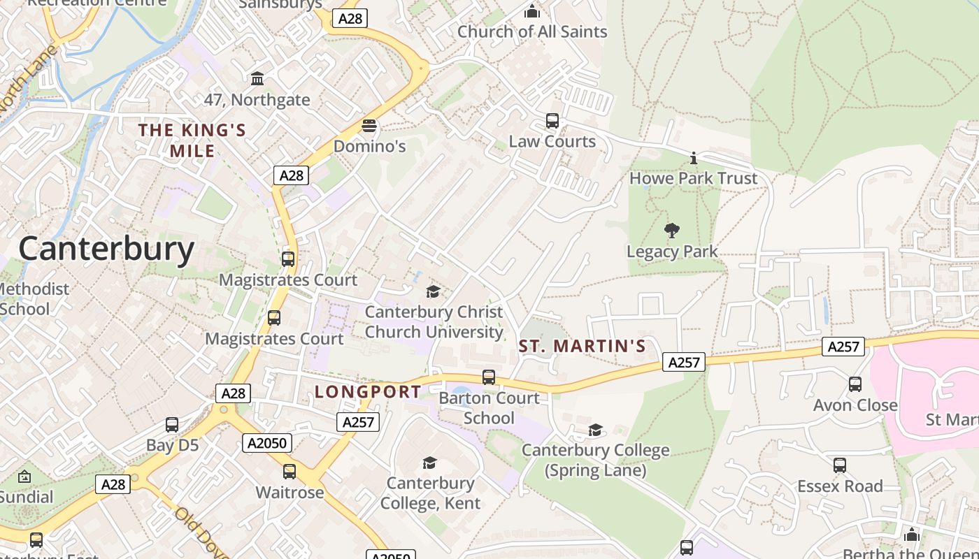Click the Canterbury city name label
pyautogui.click(x=106, y=249)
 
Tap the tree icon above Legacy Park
pyautogui.click(x=672, y=230)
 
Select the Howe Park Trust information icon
pyautogui.click(x=693, y=157)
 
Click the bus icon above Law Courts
pyautogui.click(x=552, y=121)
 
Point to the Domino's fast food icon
pyautogui.click(x=369, y=126)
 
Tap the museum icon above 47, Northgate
pyautogui.click(x=257, y=78)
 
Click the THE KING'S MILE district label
pyautogui.click(x=192, y=140)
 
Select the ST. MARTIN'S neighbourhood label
pyautogui.click(x=582, y=346)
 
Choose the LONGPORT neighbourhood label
pyautogui.click(x=368, y=391)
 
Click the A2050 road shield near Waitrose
pyautogui.click(x=266, y=442)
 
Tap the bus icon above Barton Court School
pyautogui.click(x=489, y=377)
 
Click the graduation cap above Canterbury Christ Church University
pyautogui.click(x=434, y=291)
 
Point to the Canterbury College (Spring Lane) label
pyautogui.click(x=595, y=460)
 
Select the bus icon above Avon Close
pyautogui.click(x=855, y=384)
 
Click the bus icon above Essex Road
pyautogui.click(x=840, y=465)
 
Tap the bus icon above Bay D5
pyautogui.click(x=172, y=425)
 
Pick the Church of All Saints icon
pyautogui.click(x=532, y=11)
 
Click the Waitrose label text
pyautogui.click(x=290, y=492)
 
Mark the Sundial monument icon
pyautogui.click(x=24, y=477)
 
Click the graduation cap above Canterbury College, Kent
pyautogui.click(x=429, y=463)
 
